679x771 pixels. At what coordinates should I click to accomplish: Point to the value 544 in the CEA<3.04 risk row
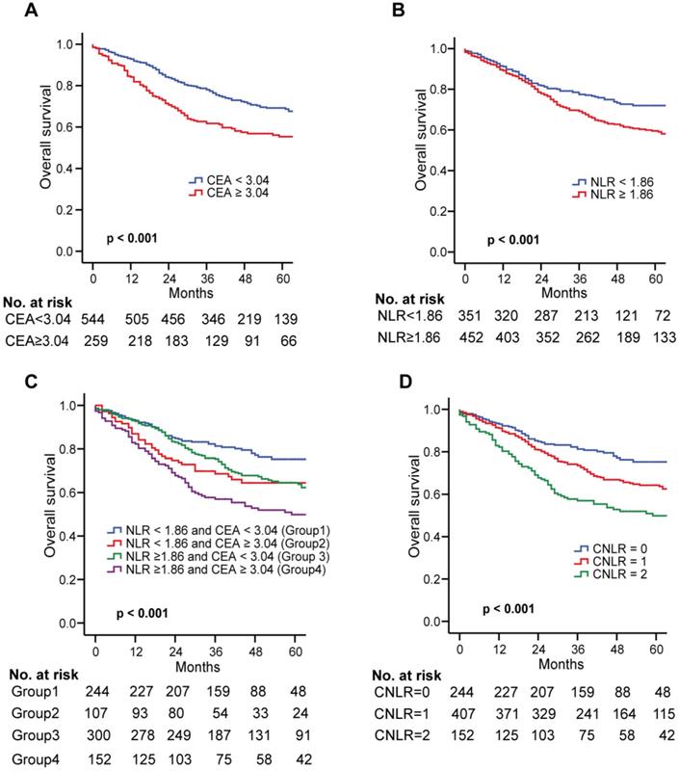pyautogui.click(x=92, y=319)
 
